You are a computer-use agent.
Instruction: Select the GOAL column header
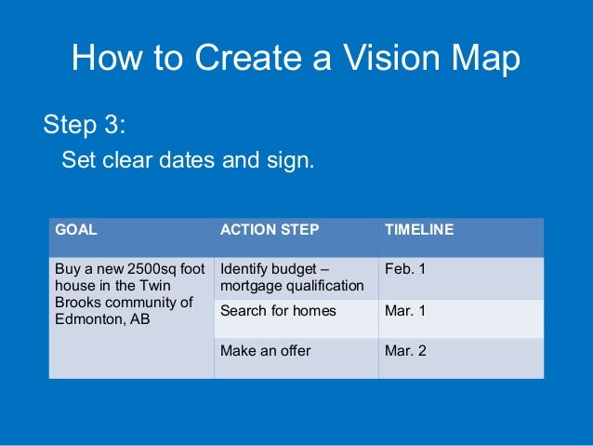pyautogui.click(x=77, y=229)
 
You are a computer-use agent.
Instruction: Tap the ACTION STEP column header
pyautogui.click(x=270, y=229)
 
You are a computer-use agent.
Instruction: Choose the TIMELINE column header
pyautogui.click(x=419, y=229)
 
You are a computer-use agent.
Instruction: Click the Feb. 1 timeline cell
pyautogui.click(x=405, y=269)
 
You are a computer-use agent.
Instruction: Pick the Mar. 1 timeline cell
pyautogui.click(x=405, y=311)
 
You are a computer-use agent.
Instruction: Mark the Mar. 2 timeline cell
pyautogui.click(x=405, y=351)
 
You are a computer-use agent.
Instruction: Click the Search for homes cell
pyautogui.click(x=278, y=311)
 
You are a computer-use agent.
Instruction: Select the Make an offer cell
pyautogui.click(x=266, y=351)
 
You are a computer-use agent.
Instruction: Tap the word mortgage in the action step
pyautogui.click(x=250, y=285)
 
